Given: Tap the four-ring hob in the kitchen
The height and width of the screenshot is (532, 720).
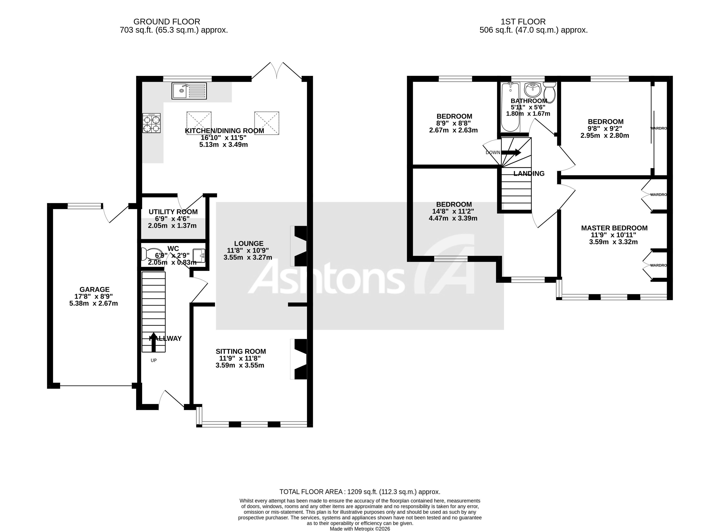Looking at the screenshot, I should tap(152, 123).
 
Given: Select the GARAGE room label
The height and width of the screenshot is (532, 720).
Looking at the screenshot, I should tap(95, 290).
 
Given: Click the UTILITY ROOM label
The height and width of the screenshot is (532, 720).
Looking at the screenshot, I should tap(173, 212).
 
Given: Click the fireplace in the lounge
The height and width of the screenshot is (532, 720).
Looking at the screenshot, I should tap(299, 246).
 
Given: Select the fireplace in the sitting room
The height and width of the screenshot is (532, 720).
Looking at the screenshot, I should tap(299, 359).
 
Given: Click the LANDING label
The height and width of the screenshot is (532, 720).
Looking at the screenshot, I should tap(529, 174).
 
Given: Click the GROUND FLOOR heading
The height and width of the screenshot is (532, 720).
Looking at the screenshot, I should tap(167, 22).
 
